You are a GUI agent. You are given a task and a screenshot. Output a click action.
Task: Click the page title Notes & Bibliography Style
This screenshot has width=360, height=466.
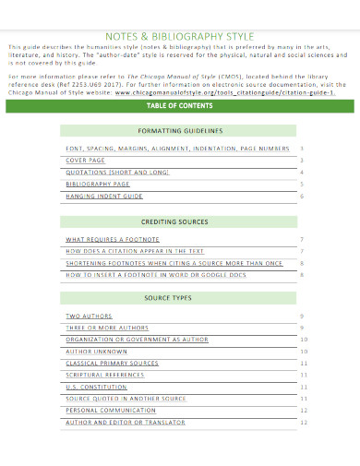179,36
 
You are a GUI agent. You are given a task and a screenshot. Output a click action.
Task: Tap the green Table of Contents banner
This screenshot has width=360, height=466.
180,106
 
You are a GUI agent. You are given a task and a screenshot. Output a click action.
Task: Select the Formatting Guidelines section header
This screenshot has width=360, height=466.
180,131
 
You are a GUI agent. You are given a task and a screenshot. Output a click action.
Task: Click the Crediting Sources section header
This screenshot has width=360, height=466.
180,222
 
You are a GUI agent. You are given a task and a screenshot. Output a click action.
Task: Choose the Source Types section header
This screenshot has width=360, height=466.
180,298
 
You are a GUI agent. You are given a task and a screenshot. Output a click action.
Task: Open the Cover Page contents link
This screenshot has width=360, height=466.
85,160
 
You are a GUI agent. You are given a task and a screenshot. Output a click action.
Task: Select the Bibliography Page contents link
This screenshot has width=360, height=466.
96,184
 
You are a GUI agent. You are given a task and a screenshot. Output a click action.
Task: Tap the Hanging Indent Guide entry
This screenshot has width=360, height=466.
103,196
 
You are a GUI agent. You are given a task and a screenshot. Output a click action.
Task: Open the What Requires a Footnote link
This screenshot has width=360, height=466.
107,239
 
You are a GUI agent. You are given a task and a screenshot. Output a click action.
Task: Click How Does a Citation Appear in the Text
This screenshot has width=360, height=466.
134,250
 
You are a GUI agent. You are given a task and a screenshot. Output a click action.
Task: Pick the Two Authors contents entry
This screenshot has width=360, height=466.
88,316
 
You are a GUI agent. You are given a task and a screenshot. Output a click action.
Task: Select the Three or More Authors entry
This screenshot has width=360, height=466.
106,328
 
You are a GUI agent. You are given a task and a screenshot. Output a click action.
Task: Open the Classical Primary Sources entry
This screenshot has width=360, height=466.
112,363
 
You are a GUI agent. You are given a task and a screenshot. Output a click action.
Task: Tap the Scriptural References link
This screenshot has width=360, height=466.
105,375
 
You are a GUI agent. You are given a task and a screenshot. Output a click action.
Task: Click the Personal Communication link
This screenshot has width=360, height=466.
109,410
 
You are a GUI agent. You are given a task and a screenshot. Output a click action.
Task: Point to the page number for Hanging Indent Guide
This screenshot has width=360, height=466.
302,196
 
